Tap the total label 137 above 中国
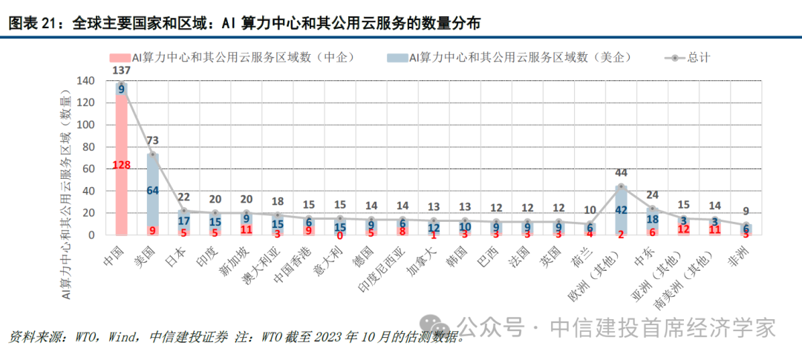tap(123, 70)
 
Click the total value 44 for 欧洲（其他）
tap(622, 172)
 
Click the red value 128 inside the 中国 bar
tap(122, 165)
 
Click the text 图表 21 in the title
tap(32, 24)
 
